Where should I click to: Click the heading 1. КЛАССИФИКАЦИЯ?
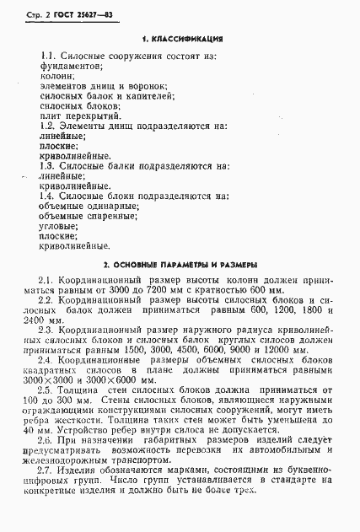pyautogui.click(x=181, y=39)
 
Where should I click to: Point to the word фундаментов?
pyautogui.click(x=72, y=65)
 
